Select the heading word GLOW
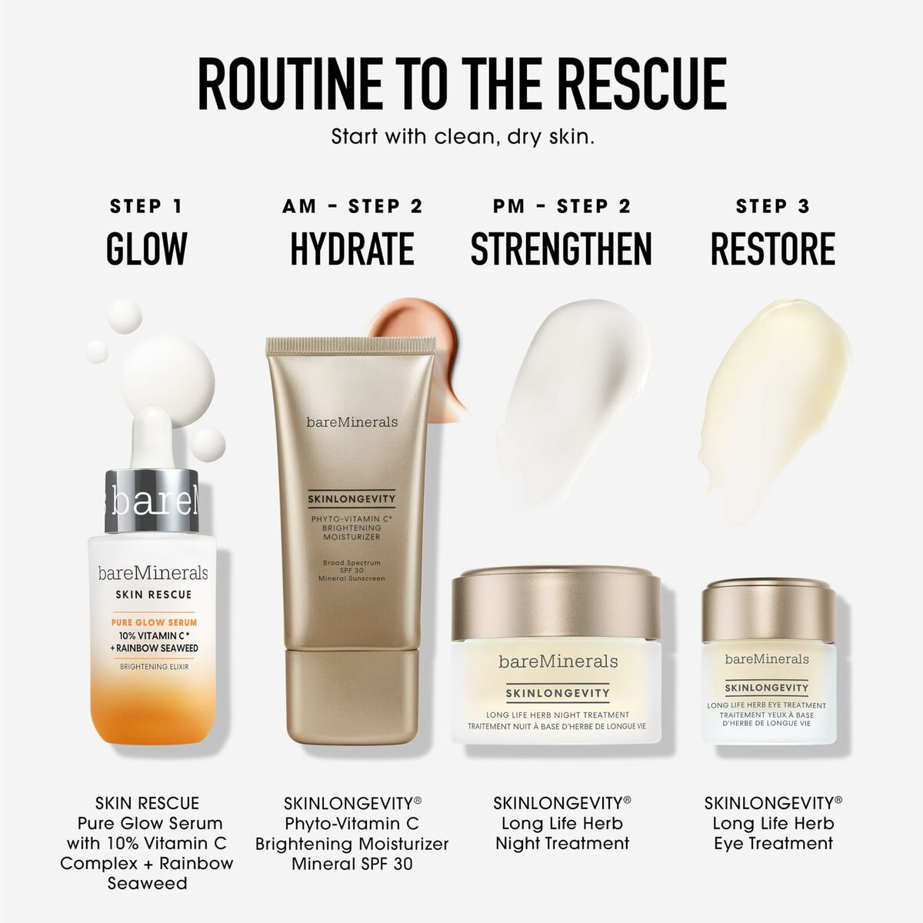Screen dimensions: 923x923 [x=146, y=248]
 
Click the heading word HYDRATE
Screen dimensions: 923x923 [x=352, y=248]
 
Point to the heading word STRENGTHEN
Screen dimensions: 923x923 [x=561, y=248]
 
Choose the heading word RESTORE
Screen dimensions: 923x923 [x=772, y=248]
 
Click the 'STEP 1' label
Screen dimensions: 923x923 [x=146, y=206]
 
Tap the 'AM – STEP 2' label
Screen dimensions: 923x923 [x=352, y=206]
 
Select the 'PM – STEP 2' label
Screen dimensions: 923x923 [x=561, y=206]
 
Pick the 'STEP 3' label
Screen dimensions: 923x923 [x=772, y=206]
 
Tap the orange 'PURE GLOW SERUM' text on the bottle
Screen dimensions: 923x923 [x=154, y=621]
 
